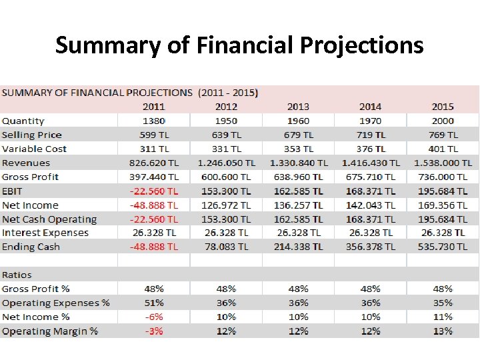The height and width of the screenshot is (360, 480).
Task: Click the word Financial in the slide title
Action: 246,45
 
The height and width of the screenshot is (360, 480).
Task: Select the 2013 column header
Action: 298,107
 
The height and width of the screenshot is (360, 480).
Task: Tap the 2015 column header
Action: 443,107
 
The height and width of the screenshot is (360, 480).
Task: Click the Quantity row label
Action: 23,121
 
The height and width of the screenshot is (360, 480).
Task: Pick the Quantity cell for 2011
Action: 154,121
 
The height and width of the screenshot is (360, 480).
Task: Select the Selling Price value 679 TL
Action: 298,135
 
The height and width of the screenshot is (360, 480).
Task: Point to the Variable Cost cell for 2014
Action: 370,149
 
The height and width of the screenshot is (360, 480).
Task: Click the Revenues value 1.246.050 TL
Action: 226,163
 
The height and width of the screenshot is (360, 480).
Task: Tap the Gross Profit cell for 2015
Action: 443,177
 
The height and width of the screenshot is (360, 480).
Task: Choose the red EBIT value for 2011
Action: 154,191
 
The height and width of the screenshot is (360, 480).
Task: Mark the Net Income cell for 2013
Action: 298,205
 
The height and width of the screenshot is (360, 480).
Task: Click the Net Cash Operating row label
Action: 49,219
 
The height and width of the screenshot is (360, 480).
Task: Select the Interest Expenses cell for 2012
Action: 226,233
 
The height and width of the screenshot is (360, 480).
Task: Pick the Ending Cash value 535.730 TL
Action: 443,247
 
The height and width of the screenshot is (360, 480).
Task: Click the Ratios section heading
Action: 17,275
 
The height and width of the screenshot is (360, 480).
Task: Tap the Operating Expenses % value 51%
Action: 154,303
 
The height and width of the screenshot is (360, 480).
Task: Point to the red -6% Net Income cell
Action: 154,317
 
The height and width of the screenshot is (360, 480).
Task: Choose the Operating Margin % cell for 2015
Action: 443,331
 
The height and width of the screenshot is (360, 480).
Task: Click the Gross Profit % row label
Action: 36,289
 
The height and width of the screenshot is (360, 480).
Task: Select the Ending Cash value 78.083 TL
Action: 226,247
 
